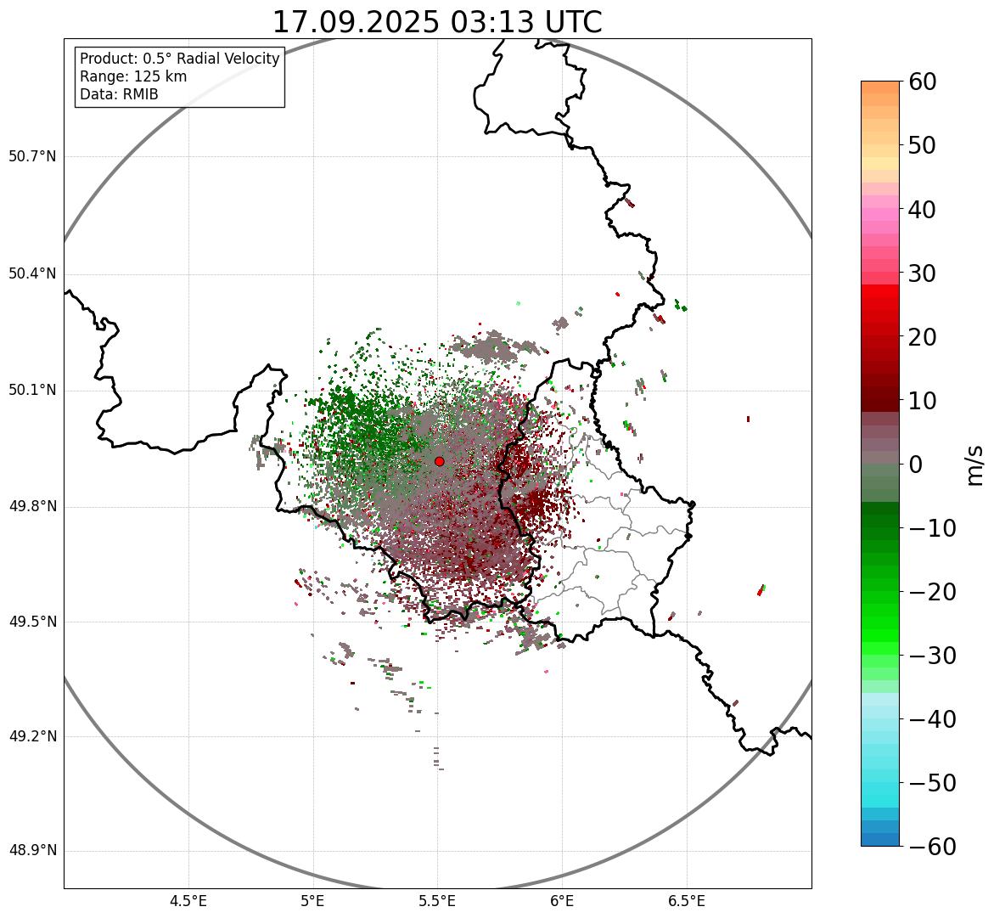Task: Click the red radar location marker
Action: point(440,461)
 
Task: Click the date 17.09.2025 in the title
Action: point(356,22)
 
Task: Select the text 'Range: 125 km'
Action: point(133,76)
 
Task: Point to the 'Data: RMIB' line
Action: point(119,94)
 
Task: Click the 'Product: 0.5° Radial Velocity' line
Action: point(179,59)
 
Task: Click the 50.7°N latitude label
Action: point(32,157)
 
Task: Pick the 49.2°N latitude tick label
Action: point(32,736)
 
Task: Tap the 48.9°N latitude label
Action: point(32,851)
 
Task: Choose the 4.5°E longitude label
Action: point(188,900)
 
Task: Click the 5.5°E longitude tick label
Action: point(437,900)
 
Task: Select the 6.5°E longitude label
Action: point(686,900)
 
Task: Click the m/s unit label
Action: point(975,465)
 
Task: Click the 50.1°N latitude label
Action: point(32,391)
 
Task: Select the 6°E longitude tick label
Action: point(562,900)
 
